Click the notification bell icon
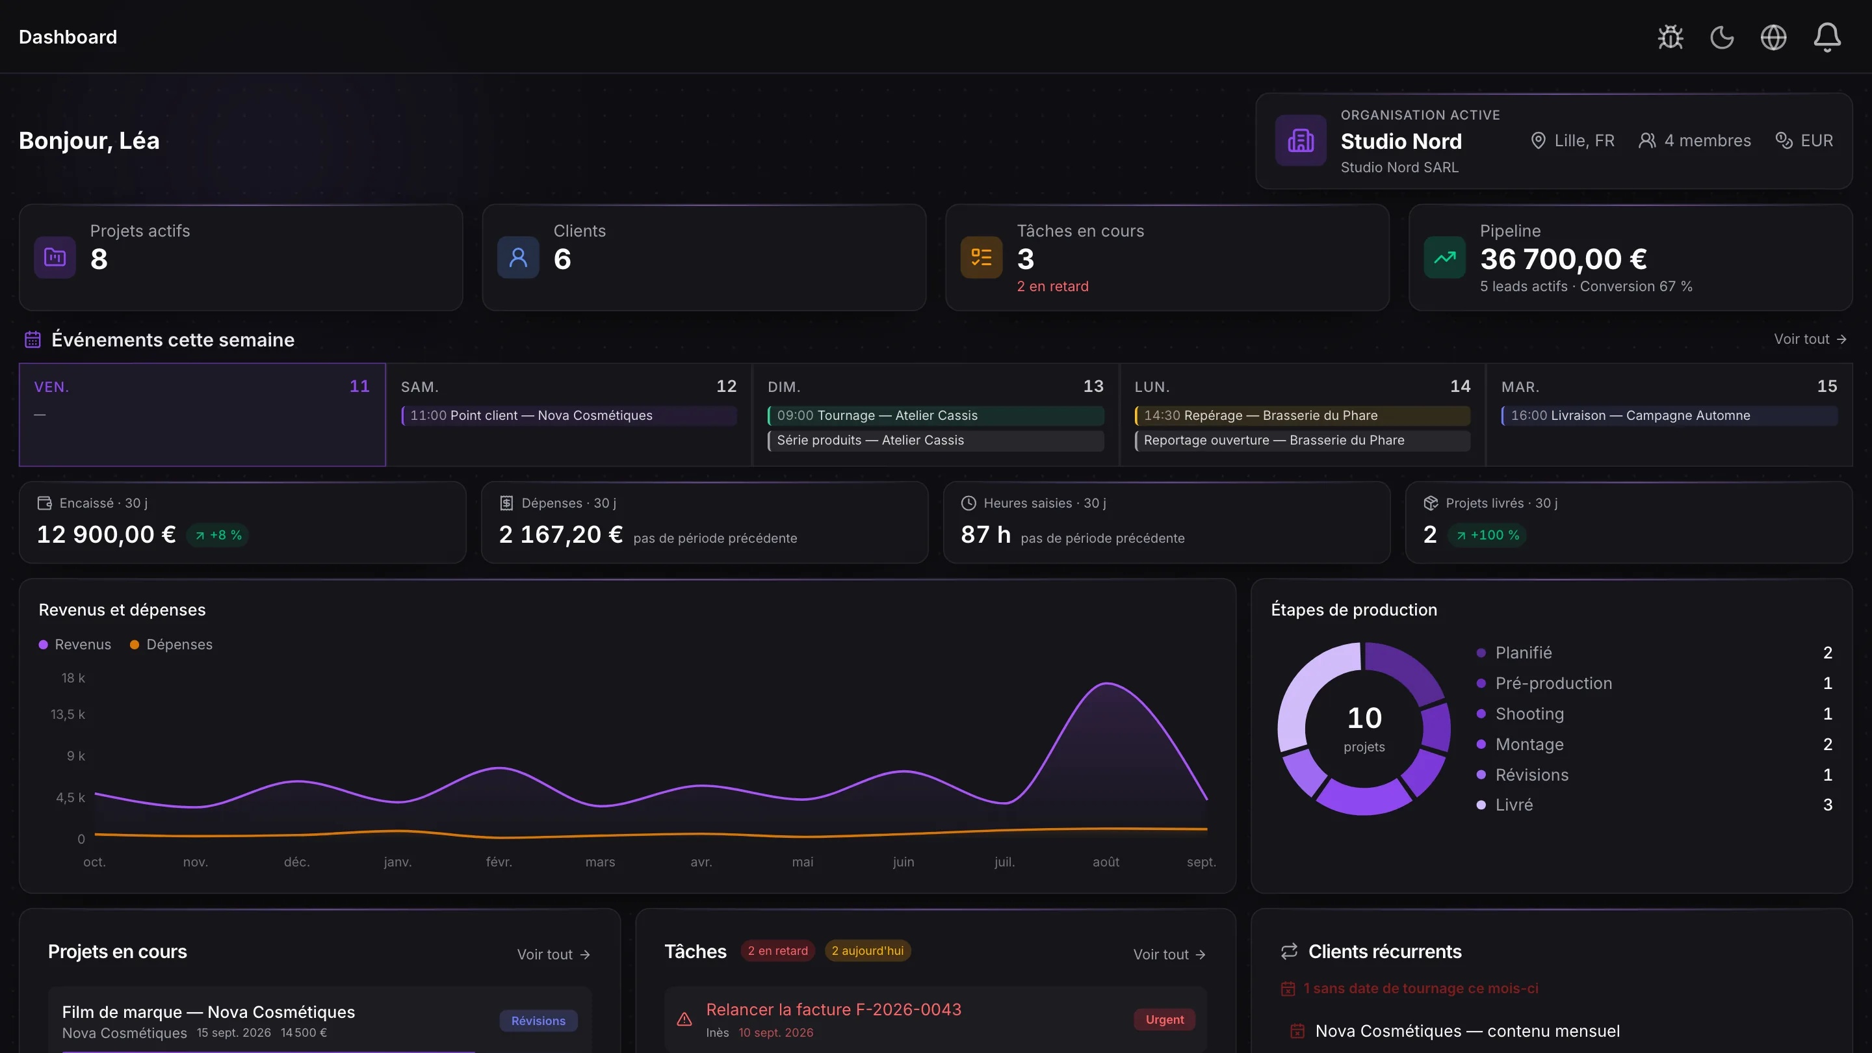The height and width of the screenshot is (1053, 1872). (1827, 37)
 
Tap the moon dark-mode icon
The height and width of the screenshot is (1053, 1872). (1722, 37)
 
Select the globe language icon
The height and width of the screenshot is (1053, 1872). (1773, 37)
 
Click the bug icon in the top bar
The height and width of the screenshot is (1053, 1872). (1670, 37)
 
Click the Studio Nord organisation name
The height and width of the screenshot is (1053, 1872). (1400, 141)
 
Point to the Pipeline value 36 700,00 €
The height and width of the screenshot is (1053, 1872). (1563, 259)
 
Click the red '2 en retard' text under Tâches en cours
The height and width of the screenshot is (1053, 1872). (1052, 286)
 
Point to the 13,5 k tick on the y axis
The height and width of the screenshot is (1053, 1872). (68, 714)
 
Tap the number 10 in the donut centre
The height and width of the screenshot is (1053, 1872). (1364, 718)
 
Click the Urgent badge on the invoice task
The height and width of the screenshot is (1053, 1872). (1164, 1020)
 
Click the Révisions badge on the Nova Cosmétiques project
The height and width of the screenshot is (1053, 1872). (538, 1020)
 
